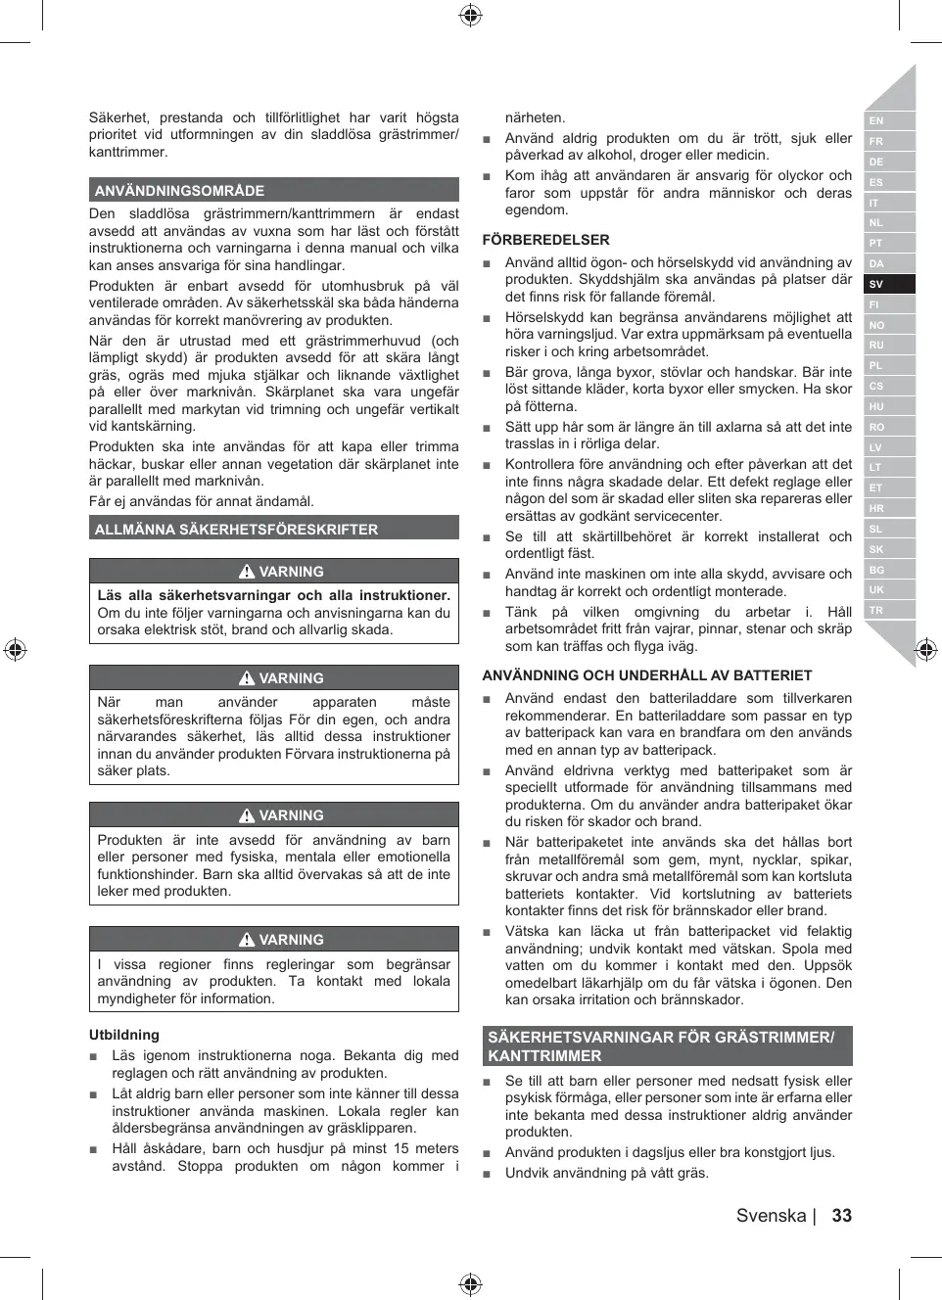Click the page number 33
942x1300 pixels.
(841, 1215)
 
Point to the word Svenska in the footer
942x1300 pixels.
(771, 1215)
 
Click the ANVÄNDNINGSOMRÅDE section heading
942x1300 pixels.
(179, 191)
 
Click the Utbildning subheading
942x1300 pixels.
(123, 1035)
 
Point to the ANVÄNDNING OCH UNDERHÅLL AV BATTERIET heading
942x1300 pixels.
(646, 675)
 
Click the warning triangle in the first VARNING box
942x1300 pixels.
(247, 572)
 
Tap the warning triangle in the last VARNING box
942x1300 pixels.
(247, 940)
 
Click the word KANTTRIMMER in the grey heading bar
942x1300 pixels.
(544, 1056)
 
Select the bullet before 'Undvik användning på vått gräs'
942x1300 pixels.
(487, 1174)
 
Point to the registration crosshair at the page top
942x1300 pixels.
(470, 15)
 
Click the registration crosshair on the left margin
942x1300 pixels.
(15, 649)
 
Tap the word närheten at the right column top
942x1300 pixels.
(535, 117)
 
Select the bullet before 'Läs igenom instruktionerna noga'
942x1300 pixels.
(94, 1056)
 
